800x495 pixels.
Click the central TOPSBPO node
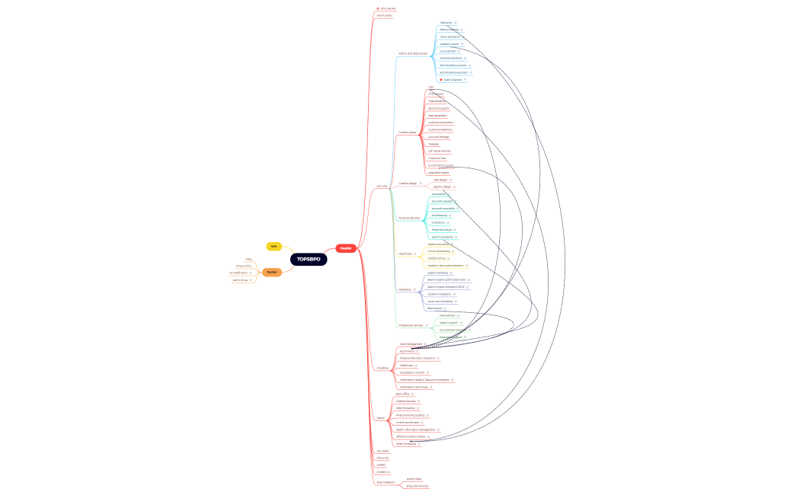309,260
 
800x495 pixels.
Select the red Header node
346,248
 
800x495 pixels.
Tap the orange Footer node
271,272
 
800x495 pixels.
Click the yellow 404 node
274,246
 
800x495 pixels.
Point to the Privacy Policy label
244,266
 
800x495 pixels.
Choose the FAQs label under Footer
248,259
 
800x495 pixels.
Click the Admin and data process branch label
413,53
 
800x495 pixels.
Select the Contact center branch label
408,132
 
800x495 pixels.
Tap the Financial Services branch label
409,218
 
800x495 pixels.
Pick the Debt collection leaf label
452,80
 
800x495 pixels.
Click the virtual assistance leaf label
450,37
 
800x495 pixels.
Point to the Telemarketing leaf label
437,101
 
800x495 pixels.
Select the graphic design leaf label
443,187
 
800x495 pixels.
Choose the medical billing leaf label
437,258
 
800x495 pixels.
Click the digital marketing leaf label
438,272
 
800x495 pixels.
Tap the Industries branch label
382,369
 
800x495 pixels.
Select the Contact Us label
383,472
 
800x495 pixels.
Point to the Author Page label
414,479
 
